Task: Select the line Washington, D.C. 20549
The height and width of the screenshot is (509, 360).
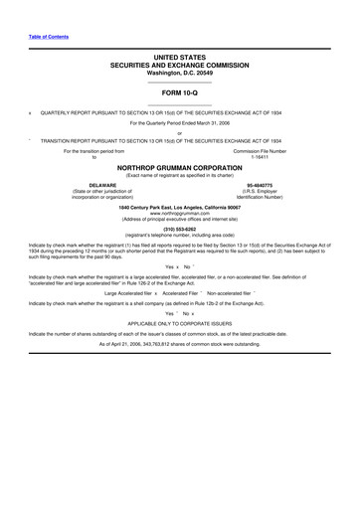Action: [180, 75]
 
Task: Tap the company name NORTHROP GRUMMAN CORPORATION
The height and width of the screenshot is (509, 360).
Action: [180, 168]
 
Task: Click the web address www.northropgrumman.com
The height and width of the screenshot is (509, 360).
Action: [180, 214]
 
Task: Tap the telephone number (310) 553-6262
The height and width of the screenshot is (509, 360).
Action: [180, 231]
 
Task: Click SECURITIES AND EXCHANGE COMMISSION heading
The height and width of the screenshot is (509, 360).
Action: [180, 68]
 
